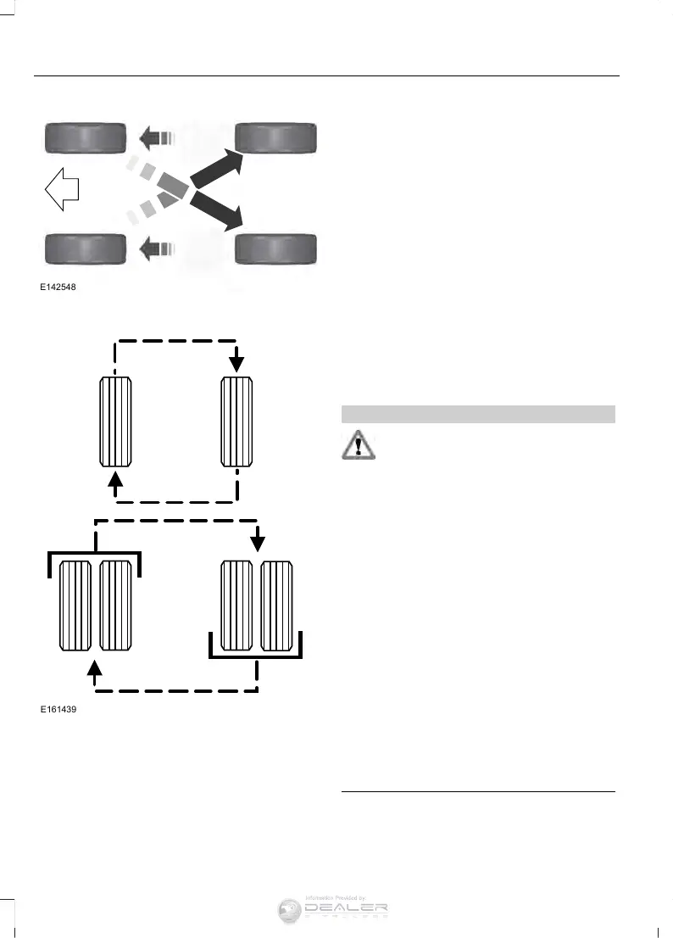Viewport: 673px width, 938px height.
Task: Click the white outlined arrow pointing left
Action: click(61, 190)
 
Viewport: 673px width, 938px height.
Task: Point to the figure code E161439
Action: click(58, 709)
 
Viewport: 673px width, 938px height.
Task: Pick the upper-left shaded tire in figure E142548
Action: click(85, 136)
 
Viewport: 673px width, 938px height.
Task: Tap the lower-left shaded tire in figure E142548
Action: click(85, 248)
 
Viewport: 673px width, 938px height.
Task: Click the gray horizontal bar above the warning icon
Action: click(477, 414)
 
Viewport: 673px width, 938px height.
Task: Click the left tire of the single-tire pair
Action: click(115, 422)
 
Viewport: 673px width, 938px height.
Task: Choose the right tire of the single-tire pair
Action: click(236, 422)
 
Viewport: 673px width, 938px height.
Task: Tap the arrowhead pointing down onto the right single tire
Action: click(236, 362)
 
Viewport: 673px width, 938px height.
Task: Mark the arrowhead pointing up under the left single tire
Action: click(116, 482)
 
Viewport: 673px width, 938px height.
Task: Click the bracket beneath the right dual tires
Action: click(256, 656)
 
